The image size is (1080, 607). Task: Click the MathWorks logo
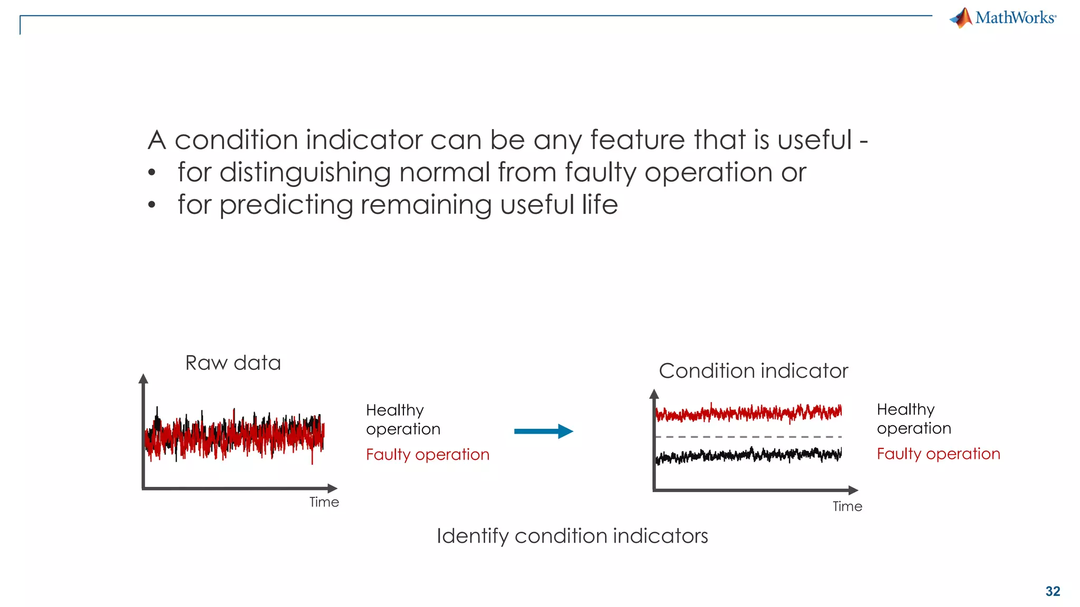click(x=1003, y=18)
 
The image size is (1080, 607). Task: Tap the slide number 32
click(x=1053, y=591)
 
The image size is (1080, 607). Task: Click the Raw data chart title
click(x=233, y=363)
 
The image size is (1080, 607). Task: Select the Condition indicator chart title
click(x=753, y=371)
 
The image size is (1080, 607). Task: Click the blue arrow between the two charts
click(x=543, y=432)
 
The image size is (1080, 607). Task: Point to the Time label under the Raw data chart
click(x=324, y=502)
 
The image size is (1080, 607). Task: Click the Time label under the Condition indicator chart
click(x=847, y=506)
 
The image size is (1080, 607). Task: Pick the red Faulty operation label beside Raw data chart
click(x=427, y=454)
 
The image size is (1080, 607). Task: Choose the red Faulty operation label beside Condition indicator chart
click(x=938, y=454)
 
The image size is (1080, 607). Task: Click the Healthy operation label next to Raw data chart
click(x=403, y=419)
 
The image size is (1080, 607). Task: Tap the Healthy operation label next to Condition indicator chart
click(x=914, y=419)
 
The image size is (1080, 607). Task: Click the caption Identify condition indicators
click(x=572, y=536)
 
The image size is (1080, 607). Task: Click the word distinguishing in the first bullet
click(x=304, y=173)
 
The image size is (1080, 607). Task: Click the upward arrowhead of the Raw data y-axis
click(x=143, y=378)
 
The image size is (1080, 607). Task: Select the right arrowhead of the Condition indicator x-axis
click(x=853, y=490)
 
